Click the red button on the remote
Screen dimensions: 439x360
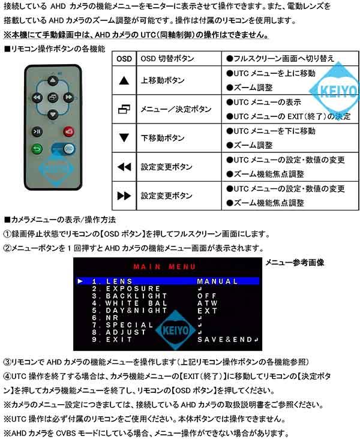tap(69, 131)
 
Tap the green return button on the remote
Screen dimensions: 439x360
tap(37, 149)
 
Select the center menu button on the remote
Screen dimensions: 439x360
tap(53, 98)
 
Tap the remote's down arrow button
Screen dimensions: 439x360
tap(53, 114)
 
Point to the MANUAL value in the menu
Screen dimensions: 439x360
tap(217, 281)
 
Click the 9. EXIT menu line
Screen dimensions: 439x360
tap(104, 339)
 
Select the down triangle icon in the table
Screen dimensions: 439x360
tap(124, 138)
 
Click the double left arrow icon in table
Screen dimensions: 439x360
tap(124, 167)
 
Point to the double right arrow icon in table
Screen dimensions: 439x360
tap(124, 196)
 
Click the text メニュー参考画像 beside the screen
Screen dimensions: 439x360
tap(295, 263)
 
